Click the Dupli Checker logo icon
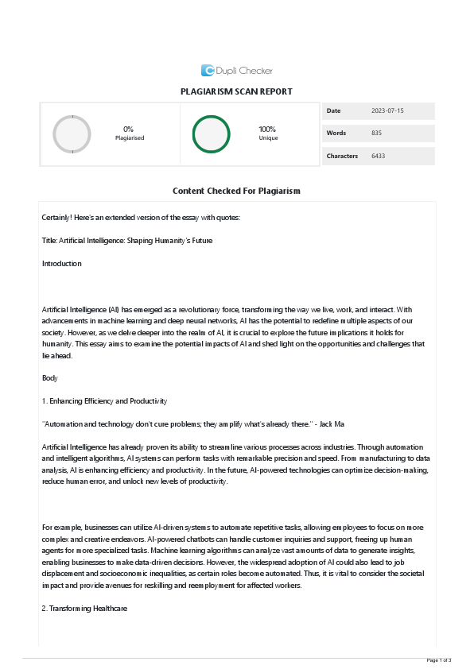[x=208, y=70]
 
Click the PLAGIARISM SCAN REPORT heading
[x=237, y=92]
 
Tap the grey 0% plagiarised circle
[x=72, y=133]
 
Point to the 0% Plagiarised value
[x=128, y=129]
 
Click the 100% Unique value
[x=267, y=129]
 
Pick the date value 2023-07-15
[x=387, y=110]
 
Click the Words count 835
[x=377, y=133]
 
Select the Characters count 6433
[x=378, y=156]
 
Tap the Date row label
[x=333, y=110]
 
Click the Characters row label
[x=342, y=156]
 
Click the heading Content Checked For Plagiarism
[x=236, y=191]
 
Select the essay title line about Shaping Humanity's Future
[x=127, y=240]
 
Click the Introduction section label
[x=61, y=263]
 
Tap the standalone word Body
[x=49, y=378]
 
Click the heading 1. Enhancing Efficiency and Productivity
[x=104, y=401]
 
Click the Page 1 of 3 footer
[x=439, y=660]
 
